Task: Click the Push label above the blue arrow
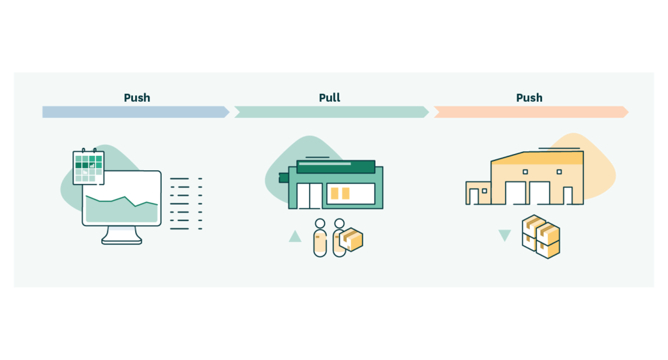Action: (x=137, y=98)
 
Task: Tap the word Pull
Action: (x=329, y=98)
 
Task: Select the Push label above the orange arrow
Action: (x=529, y=98)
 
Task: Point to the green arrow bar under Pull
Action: (x=331, y=112)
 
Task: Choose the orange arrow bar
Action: (x=530, y=112)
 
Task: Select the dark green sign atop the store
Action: (x=335, y=166)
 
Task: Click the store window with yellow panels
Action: (x=351, y=194)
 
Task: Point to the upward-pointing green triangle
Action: (x=295, y=236)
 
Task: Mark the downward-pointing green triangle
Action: (x=504, y=235)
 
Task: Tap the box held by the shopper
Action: (x=352, y=239)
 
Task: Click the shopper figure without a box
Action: (x=320, y=238)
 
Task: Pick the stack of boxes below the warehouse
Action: (x=541, y=236)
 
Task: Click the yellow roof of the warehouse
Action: (x=538, y=158)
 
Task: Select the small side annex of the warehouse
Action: (x=478, y=193)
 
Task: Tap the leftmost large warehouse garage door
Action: (x=515, y=193)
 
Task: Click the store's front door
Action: (x=309, y=196)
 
